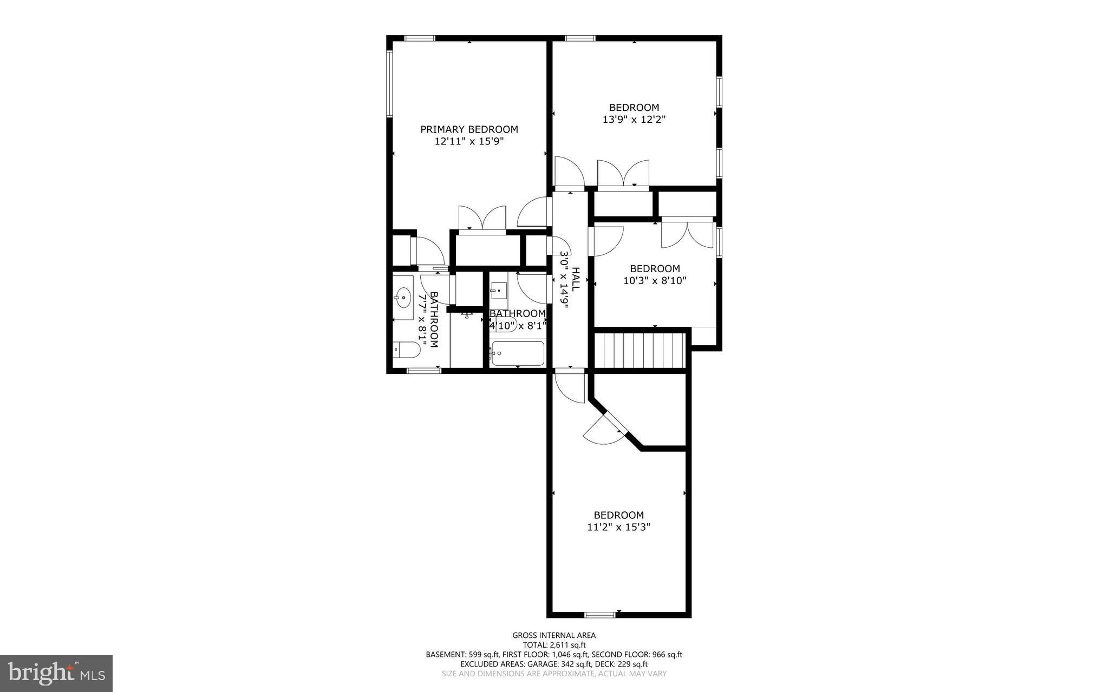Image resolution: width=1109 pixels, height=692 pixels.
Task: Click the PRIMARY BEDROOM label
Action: (469, 129)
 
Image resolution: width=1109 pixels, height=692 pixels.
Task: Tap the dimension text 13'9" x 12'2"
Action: (634, 120)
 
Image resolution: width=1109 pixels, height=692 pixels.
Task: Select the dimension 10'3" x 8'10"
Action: (655, 281)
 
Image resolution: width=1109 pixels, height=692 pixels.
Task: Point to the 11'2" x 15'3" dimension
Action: (618, 527)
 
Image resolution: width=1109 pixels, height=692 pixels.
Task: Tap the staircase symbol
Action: (640, 351)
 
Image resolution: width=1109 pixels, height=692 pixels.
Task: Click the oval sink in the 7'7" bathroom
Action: (403, 297)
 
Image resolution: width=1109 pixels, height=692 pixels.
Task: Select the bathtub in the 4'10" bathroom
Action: (517, 354)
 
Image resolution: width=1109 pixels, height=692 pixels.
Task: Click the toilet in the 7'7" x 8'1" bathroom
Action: (406, 351)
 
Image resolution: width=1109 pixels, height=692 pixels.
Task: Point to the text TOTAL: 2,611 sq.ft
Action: (554, 645)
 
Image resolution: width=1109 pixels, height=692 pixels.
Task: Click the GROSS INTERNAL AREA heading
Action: (554, 635)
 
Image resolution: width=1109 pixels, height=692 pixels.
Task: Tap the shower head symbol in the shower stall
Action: (467, 314)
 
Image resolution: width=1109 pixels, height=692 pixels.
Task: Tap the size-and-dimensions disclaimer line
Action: (554, 674)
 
